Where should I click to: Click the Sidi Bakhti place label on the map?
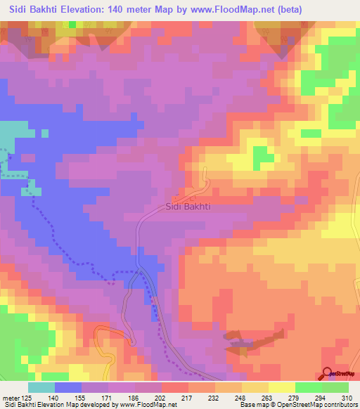pos(188,207)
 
